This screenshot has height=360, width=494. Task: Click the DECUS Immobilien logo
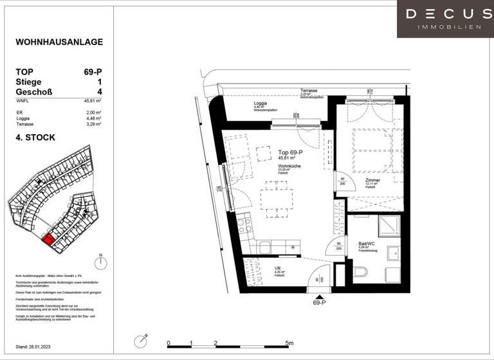tap(445, 18)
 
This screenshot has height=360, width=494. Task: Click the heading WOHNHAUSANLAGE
tap(59, 42)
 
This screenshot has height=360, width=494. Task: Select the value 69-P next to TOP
tap(92, 72)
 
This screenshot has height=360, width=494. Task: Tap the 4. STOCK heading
tap(35, 138)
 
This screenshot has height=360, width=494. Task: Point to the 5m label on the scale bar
tap(289, 343)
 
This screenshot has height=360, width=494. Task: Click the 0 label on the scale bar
tap(167, 343)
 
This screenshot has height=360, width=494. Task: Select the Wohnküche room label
tap(289, 166)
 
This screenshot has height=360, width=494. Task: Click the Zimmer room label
tap(372, 181)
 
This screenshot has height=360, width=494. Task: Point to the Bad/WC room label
tap(367, 244)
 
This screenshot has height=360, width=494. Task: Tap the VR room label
tap(278, 269)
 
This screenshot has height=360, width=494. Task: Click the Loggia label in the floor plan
tap(259, 103)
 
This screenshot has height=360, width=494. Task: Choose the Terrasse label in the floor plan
tap(309, 91)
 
